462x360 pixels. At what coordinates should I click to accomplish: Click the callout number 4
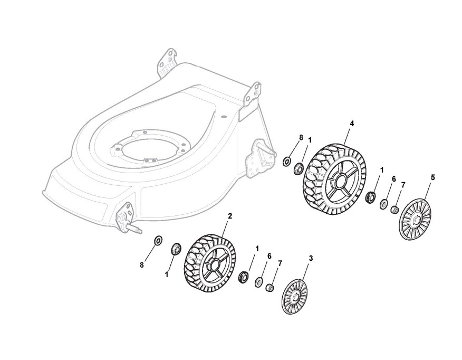coord(352,123)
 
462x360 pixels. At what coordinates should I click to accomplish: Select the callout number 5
coord(433,178)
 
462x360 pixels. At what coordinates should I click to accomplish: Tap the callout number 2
coord(229,215)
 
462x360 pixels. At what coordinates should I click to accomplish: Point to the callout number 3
coord(311,258)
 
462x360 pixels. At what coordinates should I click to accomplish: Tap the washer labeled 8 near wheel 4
coord(286,160)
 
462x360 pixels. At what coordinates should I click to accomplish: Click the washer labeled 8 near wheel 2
coord(157,241)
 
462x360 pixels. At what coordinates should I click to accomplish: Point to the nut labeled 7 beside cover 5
coord(393,210)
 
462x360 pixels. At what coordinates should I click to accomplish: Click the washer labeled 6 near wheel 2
coord(258,282)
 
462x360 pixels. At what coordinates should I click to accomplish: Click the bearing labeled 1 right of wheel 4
coord(370,198)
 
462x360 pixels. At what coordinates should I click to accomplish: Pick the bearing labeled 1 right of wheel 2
coord(244,276)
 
